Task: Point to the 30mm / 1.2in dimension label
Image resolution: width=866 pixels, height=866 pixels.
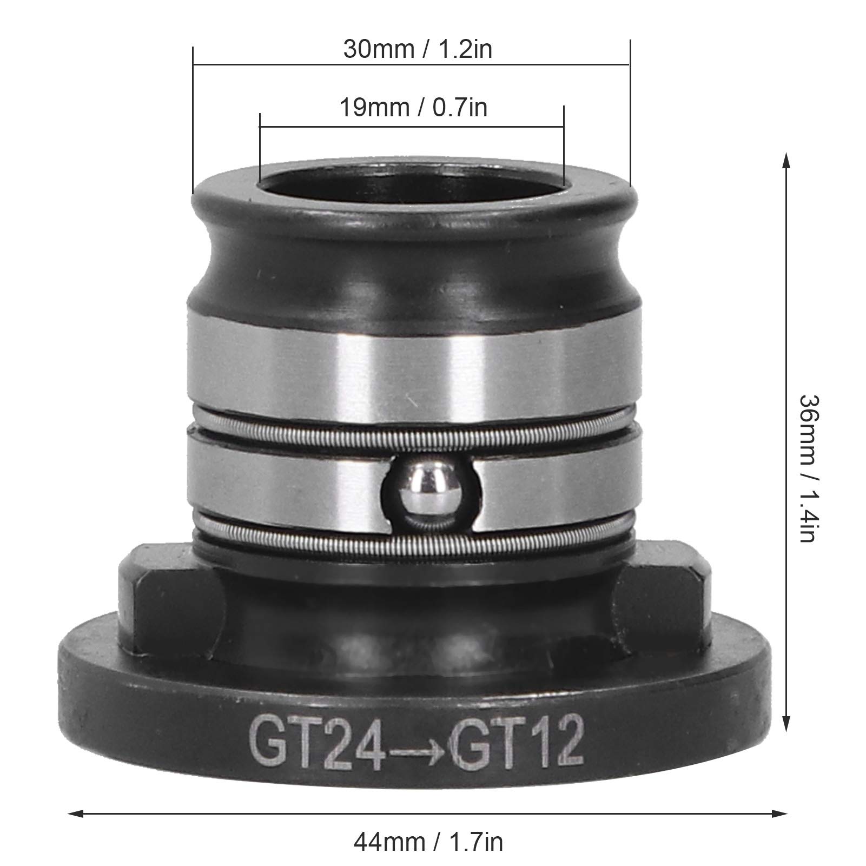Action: click(418, 50)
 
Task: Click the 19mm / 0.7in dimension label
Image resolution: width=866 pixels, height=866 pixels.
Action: click(413, 108)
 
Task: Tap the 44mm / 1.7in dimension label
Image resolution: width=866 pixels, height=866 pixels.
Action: click(428, 842)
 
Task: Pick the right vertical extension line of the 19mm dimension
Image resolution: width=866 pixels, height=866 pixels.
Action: click(564, 146)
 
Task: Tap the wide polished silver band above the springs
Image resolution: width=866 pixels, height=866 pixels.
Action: click(411, 362)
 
